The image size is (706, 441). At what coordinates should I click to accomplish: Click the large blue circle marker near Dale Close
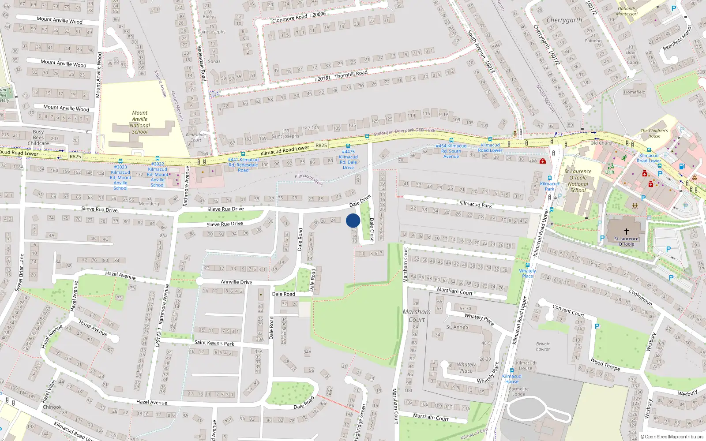tap(353, 220)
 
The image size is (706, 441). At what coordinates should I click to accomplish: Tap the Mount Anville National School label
tap(140, 122)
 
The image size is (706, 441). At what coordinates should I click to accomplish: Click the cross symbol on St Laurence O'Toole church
tap(626, 231)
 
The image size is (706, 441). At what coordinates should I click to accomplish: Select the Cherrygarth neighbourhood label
tap(564, 20)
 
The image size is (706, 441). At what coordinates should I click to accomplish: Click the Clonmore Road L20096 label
tap(299, 17)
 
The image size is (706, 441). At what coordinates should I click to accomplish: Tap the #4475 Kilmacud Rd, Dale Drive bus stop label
tap(348, 159)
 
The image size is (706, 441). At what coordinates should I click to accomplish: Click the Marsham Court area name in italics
tap(417, 316)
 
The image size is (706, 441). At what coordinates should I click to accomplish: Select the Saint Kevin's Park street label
tap(214, 343)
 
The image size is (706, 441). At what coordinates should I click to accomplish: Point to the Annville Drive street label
tap(237, 282)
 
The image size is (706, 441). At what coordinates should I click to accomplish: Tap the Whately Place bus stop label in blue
tap(527, 273)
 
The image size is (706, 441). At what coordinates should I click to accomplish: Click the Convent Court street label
tap(568, 311)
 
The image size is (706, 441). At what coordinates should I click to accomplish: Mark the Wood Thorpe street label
tap(605, 364)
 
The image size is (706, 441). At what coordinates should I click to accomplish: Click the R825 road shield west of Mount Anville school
tap(75, 157)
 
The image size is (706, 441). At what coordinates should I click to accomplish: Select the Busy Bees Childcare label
tap(38, 137)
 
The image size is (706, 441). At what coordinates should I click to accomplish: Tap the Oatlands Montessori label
tap(627, 11)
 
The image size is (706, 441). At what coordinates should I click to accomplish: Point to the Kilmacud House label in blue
tap(512, 378)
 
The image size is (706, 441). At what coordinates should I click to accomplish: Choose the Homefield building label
tap(635, 92)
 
